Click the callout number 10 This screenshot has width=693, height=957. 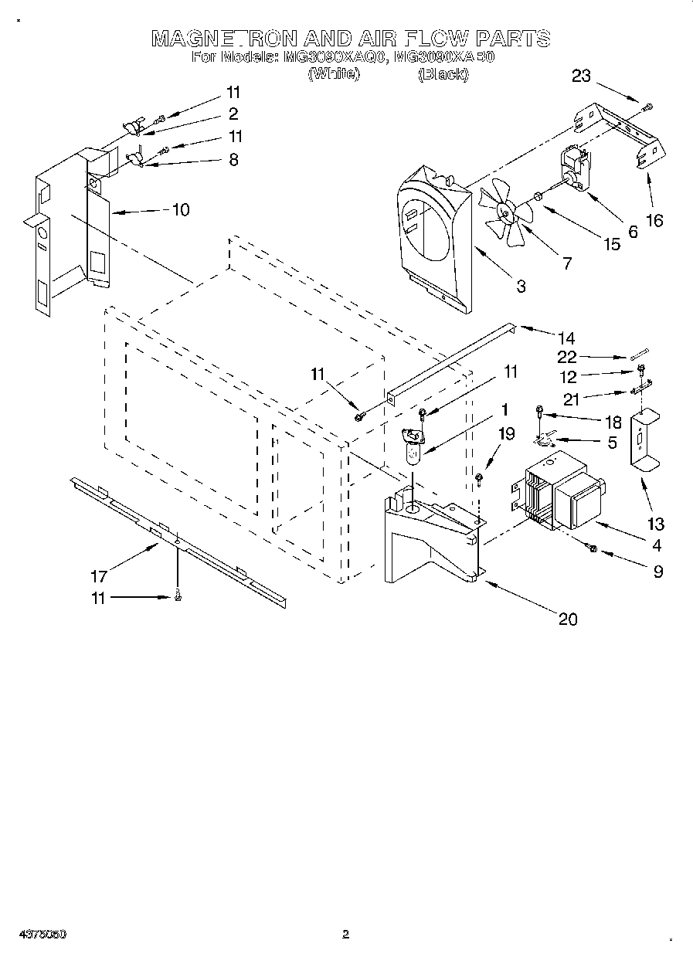(180, 209)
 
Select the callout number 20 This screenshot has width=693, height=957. (566, 619)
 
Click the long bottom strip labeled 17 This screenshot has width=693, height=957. (178, 541)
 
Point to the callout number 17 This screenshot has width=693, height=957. (98, 576)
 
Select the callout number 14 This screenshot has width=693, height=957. (566, 338)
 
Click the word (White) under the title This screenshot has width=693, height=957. (333, 74)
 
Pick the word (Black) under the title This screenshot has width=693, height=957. (443, 74)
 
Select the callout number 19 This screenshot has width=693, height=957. (505, 434)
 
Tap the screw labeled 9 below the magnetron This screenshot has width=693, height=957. (593, 548)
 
